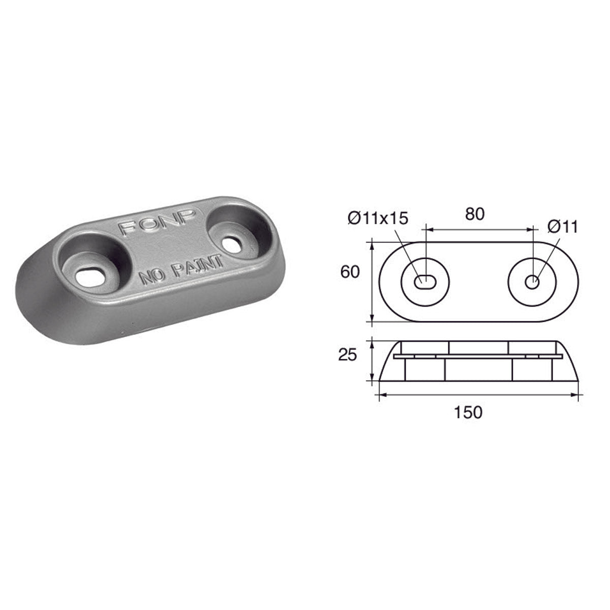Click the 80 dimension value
pyautogui.click(x=474, y=214)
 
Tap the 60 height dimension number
pyautogui.click(x=350, y=272)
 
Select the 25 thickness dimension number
pyautogui.click(x=348, y=355)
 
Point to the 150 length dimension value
pyautogui.click(x=468, y=412)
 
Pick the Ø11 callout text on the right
pyautogui.click(x=563, y=227)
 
